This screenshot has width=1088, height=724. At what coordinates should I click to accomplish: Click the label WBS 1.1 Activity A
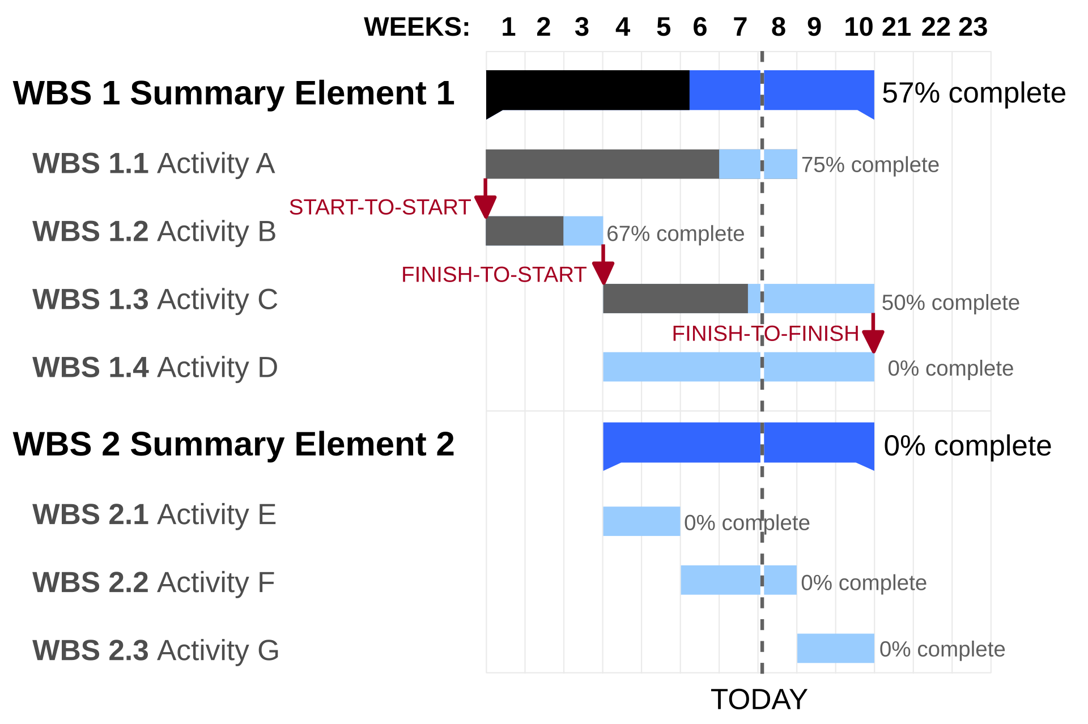pyautogui.click(x=154, y=164)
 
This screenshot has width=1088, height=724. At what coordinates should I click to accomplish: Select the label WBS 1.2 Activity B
pyautogui.click(x=154, y=232)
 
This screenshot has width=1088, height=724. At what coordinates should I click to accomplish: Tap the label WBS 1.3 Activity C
pyautogui.click(x=155, y=300)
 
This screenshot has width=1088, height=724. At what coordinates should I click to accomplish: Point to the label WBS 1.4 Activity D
pyautogui.click(x=155, y=368)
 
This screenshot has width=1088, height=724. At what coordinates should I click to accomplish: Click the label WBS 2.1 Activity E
pyautogui.click(x=154, y=515)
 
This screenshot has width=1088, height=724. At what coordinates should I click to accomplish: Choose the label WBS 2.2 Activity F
pyautogui.click(x=154, y=583)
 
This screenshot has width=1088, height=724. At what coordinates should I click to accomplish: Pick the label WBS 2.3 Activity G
pyautogui.click(x=156, y=651)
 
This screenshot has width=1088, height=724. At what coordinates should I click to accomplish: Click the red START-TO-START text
pyautogui.click(x=380, y=207)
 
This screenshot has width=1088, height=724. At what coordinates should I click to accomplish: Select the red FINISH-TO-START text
pyautogui.click(x=494, y=275)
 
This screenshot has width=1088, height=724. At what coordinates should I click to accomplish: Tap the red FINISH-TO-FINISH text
pyautogui.click(x=765, y=334)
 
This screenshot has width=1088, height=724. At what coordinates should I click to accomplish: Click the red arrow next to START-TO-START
pyautogui.click(x=486, y=201)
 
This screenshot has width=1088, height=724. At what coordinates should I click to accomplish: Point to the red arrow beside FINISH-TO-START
pyautogui.click(x=603, y=268)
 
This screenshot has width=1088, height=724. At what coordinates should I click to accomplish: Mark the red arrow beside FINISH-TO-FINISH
pyautogui.click(x=873, y=336)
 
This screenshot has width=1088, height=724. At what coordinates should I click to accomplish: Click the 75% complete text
pyautogui.click(x=870, y=165)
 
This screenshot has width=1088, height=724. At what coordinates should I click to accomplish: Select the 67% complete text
pyautogui.click(x=675, y=234)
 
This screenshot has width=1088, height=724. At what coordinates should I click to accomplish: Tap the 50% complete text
pyautogui.click(x=950, y=303)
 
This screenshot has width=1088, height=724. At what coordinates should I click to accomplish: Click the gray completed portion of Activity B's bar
pyautogui.click(x=524, y=231)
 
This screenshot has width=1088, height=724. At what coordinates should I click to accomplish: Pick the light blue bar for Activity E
pyautogui.click(x=641, y=522)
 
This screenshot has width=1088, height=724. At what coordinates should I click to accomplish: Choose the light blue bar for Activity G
pyautogui.click(x=835, y=649)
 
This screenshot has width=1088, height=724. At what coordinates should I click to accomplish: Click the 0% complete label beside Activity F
pyautogui.click(x=863, y=583)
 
